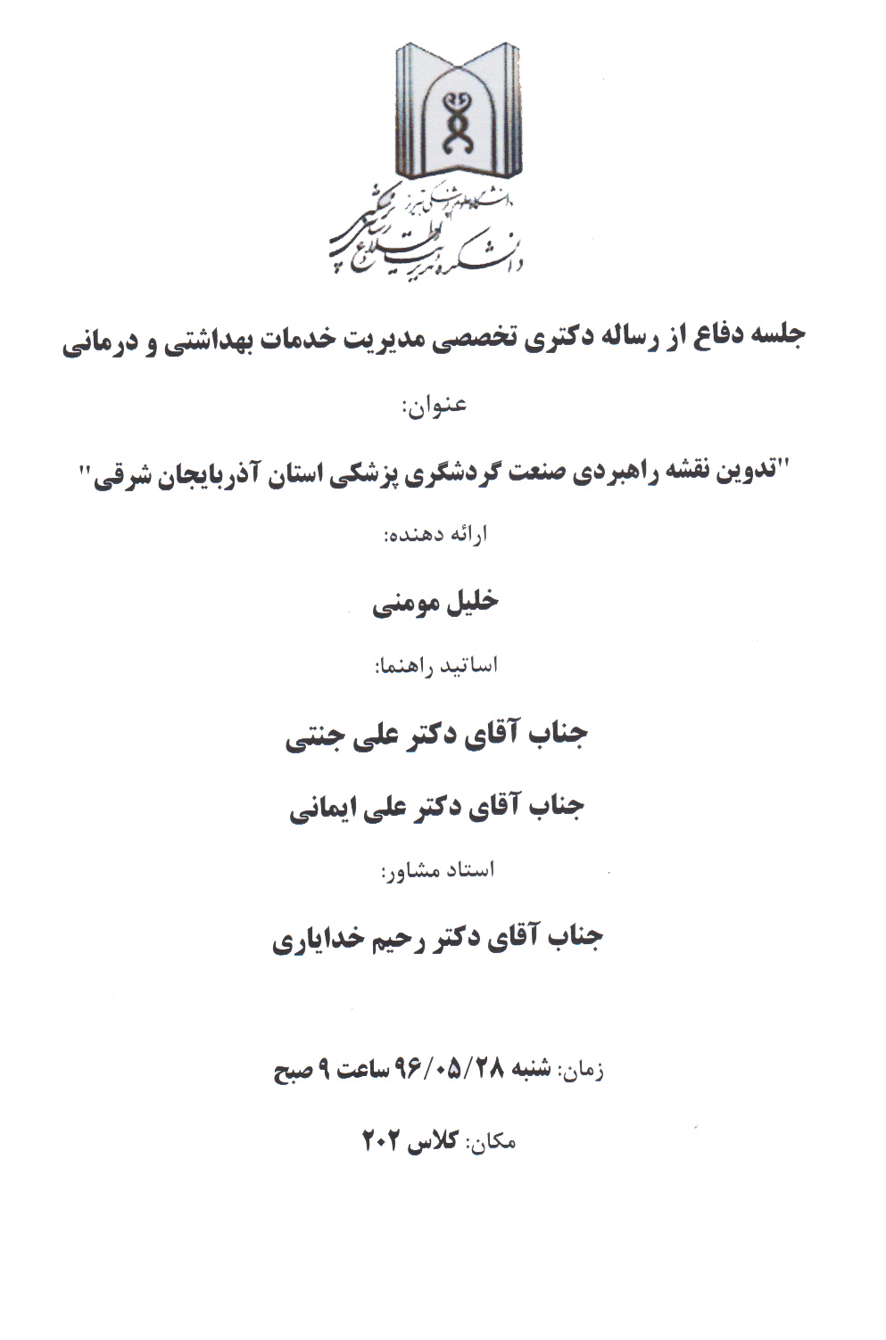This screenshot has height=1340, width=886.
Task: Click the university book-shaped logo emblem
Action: tap(459, 111)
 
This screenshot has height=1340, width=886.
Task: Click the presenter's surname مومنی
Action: tap(403, 604)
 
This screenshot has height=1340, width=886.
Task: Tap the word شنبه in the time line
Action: tap(531, 1069)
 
